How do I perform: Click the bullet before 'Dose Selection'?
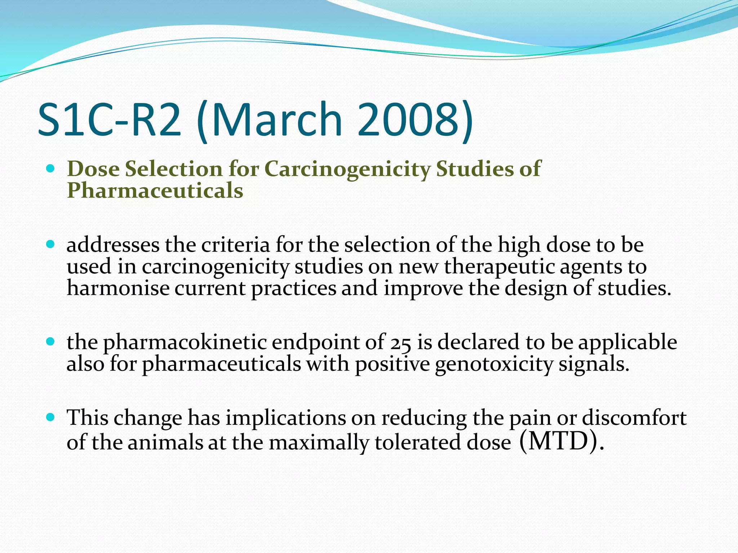[x=50, y=168]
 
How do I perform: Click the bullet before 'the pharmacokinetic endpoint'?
[x=50, y=341]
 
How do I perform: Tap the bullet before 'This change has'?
[x=50, y=418]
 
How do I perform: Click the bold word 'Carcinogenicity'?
[x=348, y=169]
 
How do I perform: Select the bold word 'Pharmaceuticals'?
[x=155, y=190]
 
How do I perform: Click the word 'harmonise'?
[x=118, y=288]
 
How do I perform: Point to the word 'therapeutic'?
[x=499, y=267]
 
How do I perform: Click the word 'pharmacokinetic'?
[x=185, y=342]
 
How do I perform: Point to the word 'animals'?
[x=165, y=442]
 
